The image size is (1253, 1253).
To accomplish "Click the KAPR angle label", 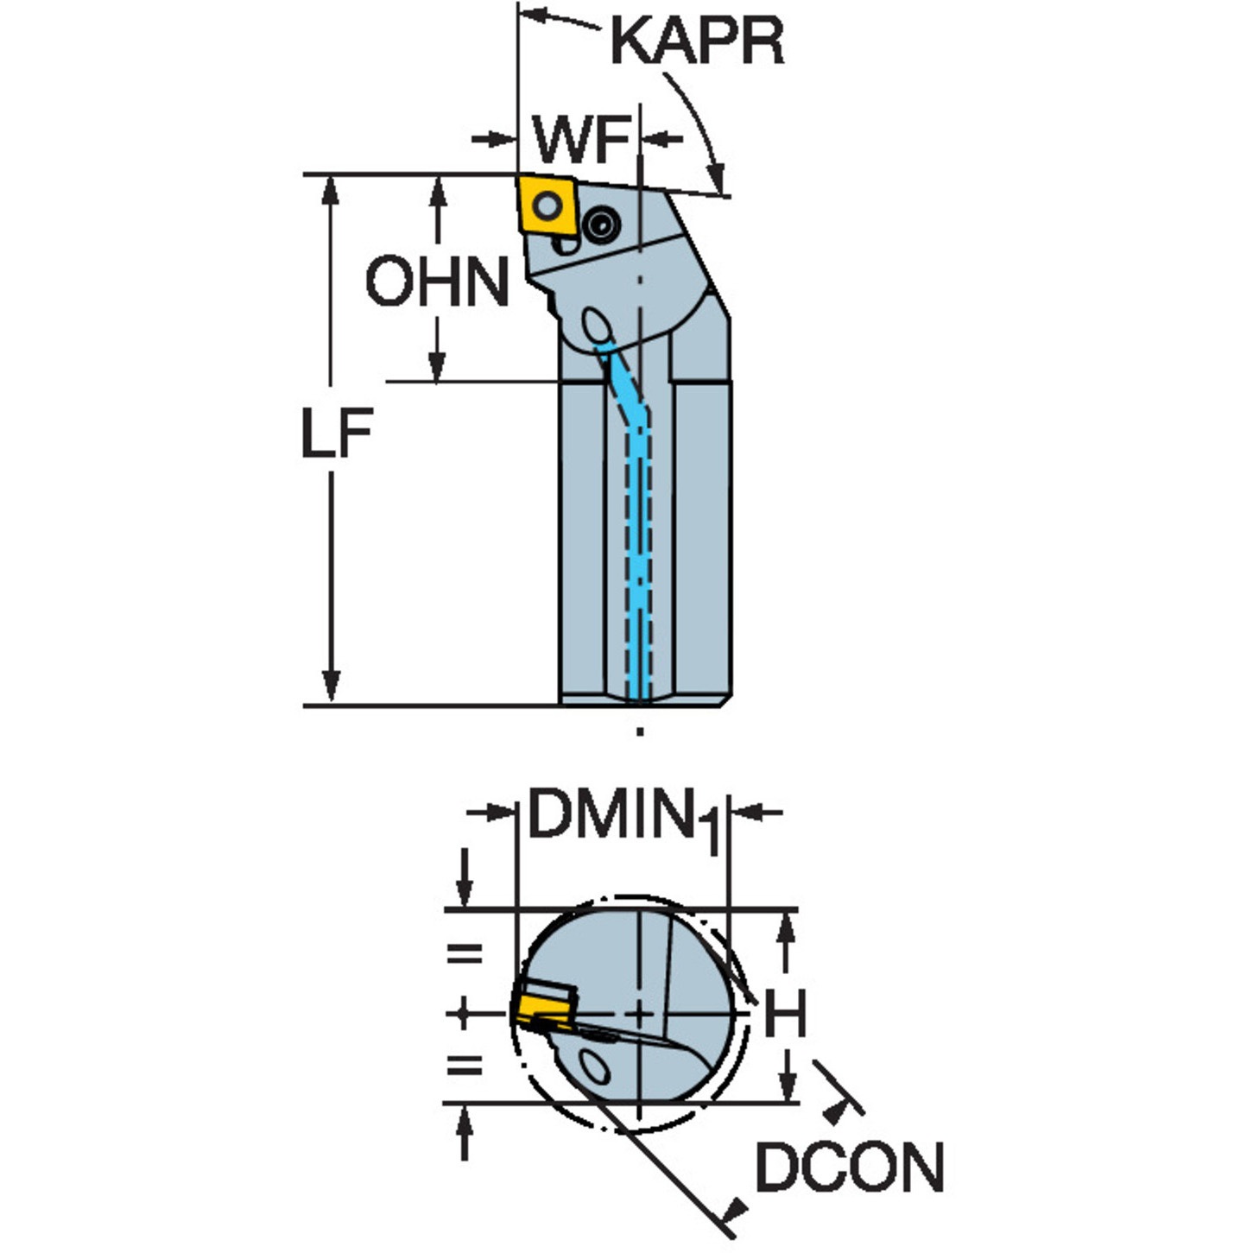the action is tap(698, 41).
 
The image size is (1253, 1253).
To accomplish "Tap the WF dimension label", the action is tap(581, 139).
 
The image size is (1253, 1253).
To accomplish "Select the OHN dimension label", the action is tap(437, 282).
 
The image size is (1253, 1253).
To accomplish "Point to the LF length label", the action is tap(337, 433).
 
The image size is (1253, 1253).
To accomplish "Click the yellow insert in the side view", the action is tap(548, 206).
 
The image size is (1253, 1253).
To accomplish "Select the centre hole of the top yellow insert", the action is tap(547, 206).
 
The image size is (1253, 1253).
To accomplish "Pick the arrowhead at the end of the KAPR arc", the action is tap(717, 178).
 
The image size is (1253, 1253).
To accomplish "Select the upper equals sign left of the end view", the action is tap(465, 954).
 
